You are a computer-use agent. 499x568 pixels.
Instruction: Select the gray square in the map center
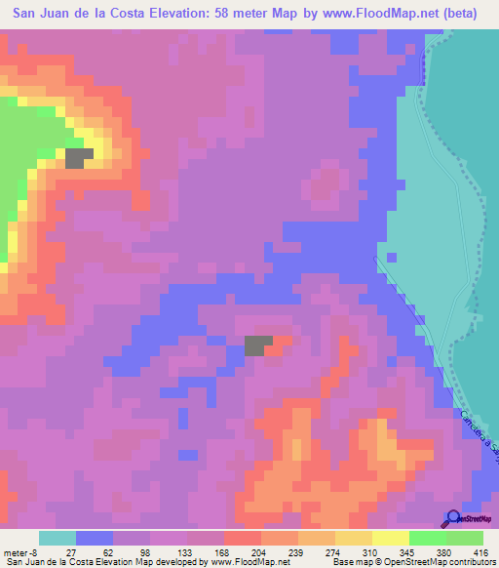[258, 345]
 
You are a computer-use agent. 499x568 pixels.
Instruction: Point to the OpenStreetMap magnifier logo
[451, 519]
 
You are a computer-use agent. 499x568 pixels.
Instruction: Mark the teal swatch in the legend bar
[58, 538]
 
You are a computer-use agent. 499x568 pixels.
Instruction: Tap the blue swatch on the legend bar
[95, 538]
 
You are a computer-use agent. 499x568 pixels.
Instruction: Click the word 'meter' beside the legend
[17, 551]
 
